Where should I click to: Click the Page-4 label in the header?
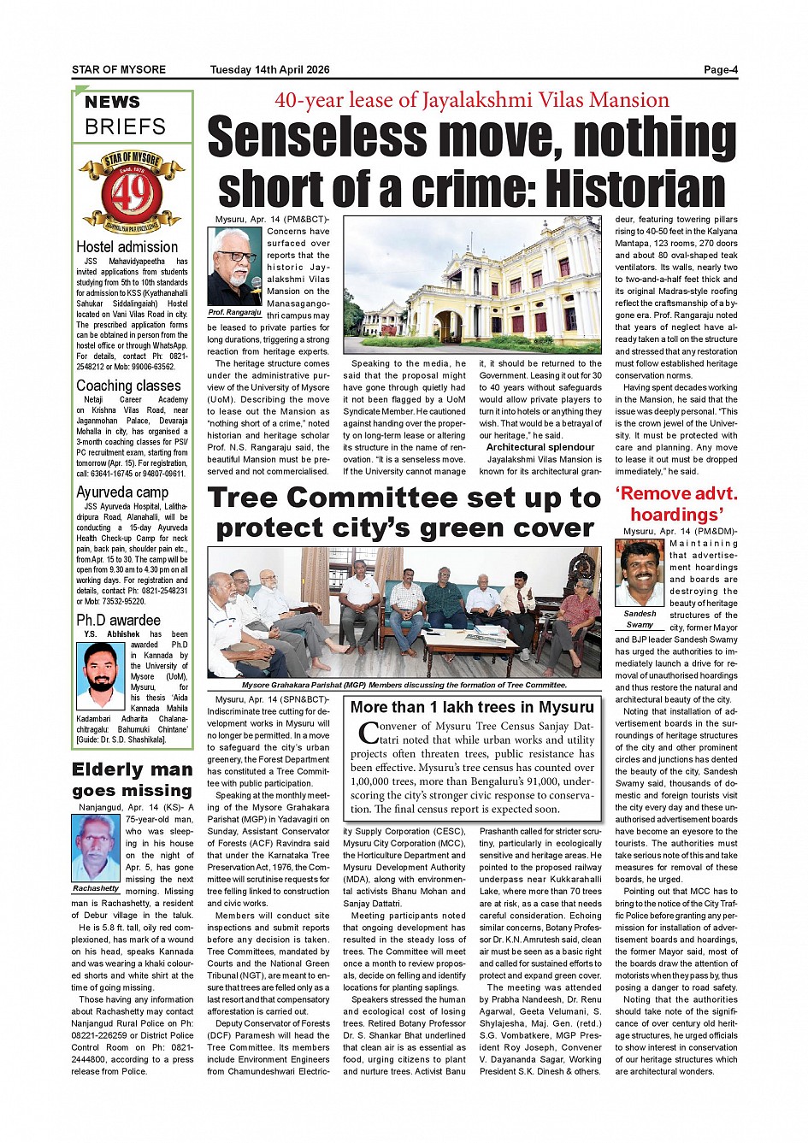coord(720,70)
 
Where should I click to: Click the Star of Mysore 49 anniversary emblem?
coord(132,192)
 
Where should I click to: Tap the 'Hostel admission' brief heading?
coord(127,247)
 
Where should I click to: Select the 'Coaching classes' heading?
coord(128,386)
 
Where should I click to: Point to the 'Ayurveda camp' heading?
coord(122,492)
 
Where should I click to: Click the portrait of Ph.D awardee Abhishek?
coord(100,676)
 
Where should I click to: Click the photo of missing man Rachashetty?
coord(96,847)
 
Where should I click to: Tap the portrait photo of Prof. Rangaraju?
coord(234,266)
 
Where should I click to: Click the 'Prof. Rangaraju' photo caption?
coord(234,313)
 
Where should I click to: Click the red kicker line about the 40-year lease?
coord(471,101)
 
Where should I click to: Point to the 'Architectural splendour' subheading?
coord(540,447)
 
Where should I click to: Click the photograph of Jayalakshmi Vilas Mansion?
coord(472,285)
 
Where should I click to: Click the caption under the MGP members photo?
coord(404,685)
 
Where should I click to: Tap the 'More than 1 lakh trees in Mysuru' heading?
coord(471,707)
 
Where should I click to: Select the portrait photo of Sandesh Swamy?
coord(639,573)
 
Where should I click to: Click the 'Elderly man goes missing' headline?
coord(132,780)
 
